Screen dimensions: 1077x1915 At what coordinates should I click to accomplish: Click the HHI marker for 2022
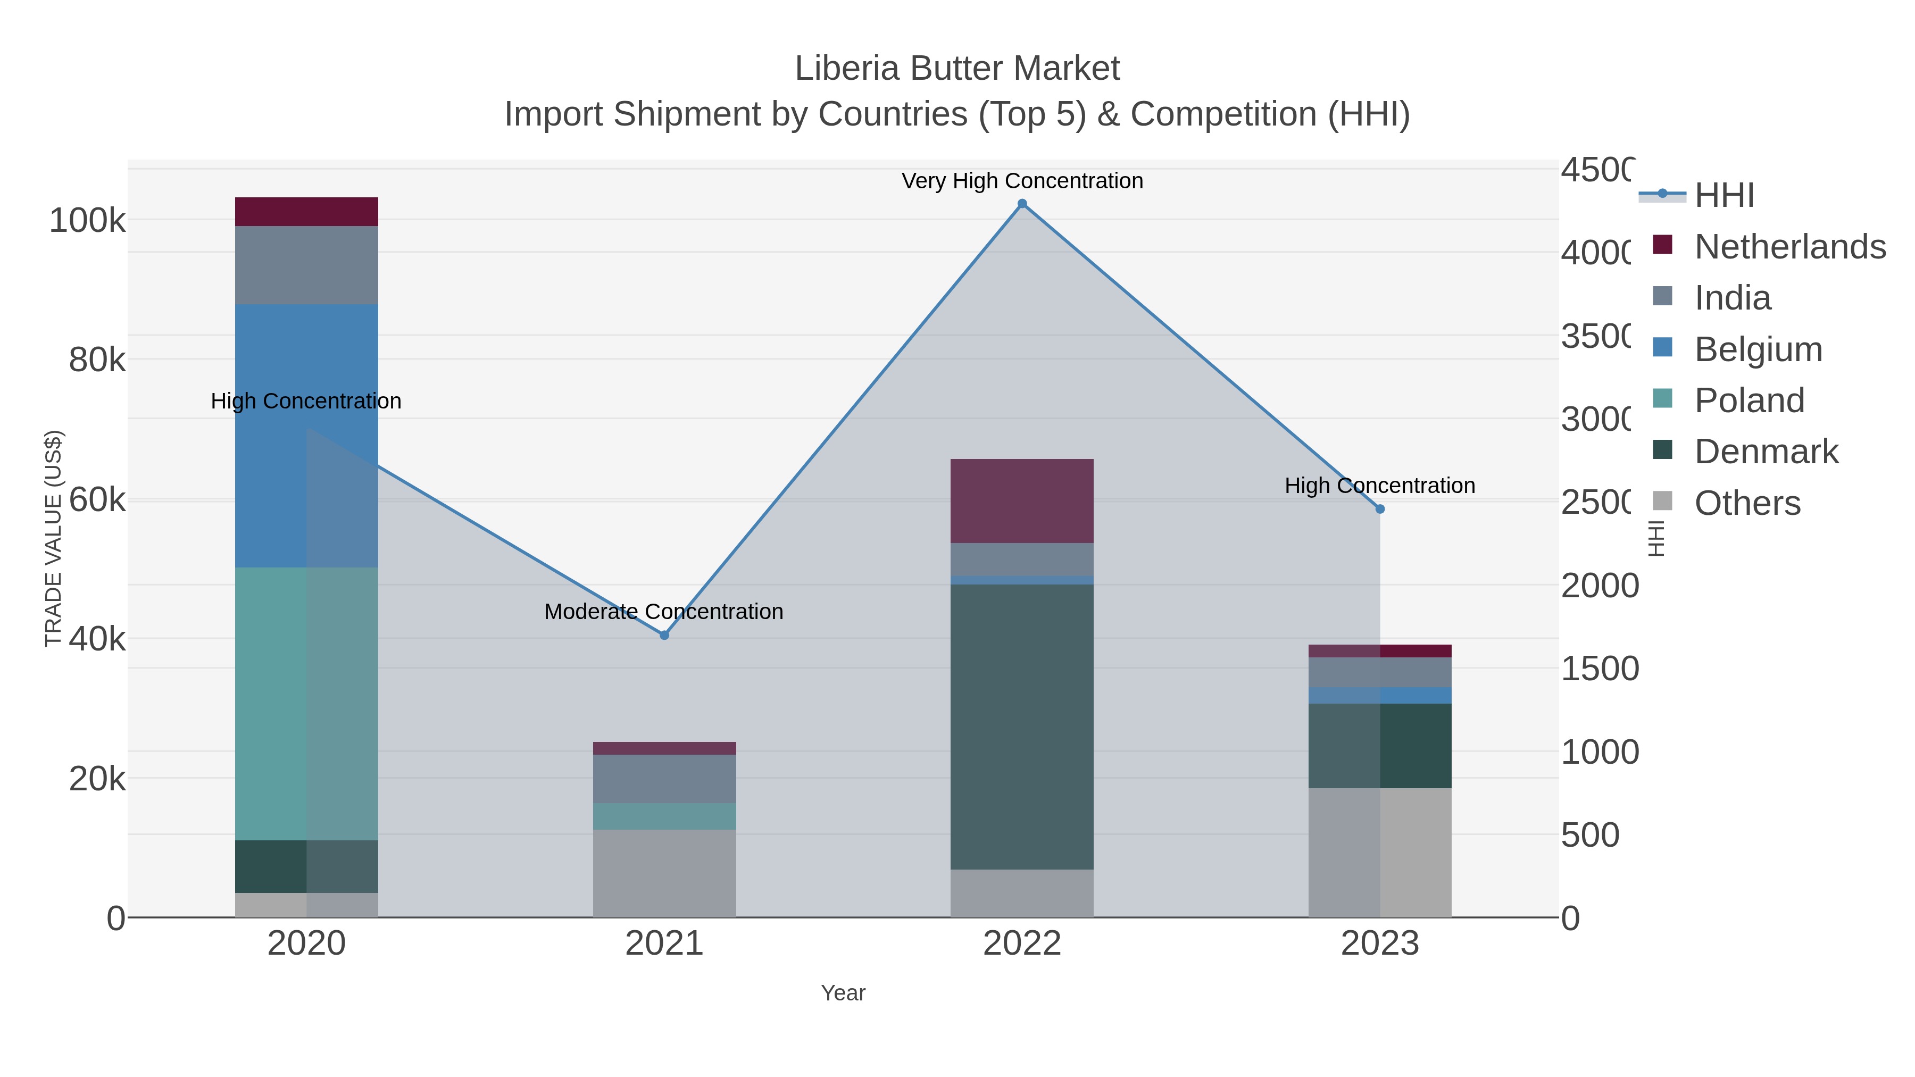tap(1022, 204)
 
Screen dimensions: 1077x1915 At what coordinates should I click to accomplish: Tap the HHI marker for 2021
tap(664, 636)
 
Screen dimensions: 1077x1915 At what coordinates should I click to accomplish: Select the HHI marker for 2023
tap(1380, 509)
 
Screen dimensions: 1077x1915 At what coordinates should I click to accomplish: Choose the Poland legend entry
tap(1749, 400)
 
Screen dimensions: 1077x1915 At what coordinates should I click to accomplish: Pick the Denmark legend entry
tap(1766, 452)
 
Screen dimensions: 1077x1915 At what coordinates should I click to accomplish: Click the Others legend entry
tap(1747, 503)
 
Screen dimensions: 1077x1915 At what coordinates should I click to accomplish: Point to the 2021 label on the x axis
tap(664, 944)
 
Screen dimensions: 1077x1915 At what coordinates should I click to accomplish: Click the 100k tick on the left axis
tap(87, 221)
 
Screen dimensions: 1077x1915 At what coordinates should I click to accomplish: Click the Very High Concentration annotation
tap(1022, 181)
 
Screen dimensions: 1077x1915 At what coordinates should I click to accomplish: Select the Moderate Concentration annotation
tap(664, 612)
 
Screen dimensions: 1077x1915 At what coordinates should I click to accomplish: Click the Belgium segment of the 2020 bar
tap(306, 436)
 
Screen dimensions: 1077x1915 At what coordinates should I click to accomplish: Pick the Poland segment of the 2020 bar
tap(306, 703)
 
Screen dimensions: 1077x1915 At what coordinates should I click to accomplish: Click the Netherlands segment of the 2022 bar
tap(1022, 501)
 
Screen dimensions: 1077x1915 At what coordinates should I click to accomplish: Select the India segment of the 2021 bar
tap(664, 779)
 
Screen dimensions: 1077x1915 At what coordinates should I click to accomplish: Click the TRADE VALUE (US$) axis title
tap(54, 538)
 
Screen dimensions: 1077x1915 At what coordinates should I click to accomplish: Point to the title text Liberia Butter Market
tap(957, 69)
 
